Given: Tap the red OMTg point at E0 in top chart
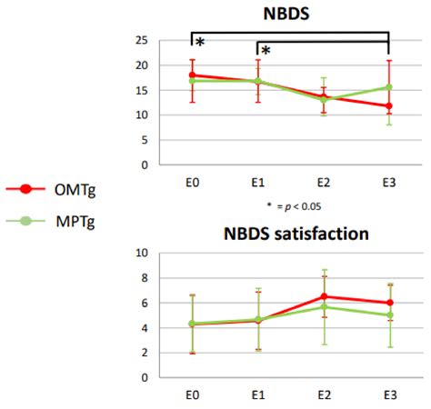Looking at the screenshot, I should [x=192, y=75].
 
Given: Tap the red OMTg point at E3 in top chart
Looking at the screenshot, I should [x=389, y=106].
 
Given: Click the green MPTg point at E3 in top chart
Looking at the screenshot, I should [x=389, y=87].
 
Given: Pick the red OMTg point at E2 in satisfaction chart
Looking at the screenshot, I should [x=324, y=296].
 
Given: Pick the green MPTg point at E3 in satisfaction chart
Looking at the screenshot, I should [x=389, y=315].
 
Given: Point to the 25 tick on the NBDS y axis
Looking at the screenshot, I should [x=142, y=40].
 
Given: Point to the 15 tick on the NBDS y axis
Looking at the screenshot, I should [x=142, y=90].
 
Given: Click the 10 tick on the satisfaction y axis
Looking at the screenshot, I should [x=142, y=253].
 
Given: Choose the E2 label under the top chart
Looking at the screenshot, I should [x=323, y=182].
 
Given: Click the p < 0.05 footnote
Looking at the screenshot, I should [x=290, y=206].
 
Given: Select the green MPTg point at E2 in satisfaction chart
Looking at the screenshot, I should [x=324, y=306].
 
